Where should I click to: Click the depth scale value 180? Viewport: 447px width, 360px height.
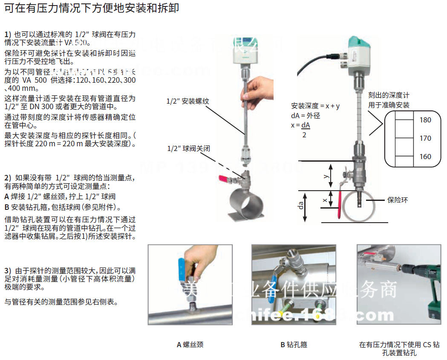click(425, 120)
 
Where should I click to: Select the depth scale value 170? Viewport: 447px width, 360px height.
click(425, 138)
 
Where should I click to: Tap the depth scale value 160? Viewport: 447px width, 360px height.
click(425, 157)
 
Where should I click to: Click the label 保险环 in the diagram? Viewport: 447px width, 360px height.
click(397, 200)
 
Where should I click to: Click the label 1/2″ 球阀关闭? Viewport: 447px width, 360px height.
click(188, 148)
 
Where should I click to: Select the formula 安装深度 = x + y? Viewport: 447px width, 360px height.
click(315, 106)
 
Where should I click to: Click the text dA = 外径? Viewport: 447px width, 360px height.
click(305, 116)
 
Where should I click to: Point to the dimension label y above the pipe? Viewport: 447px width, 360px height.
click(326, 176)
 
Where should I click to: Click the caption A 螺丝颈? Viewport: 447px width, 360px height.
click(190, 344)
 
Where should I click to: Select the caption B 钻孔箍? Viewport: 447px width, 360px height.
click(294, 344)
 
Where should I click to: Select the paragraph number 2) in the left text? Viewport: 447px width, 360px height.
click(8, 177)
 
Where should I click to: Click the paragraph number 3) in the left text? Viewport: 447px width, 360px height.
click(8, 270)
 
